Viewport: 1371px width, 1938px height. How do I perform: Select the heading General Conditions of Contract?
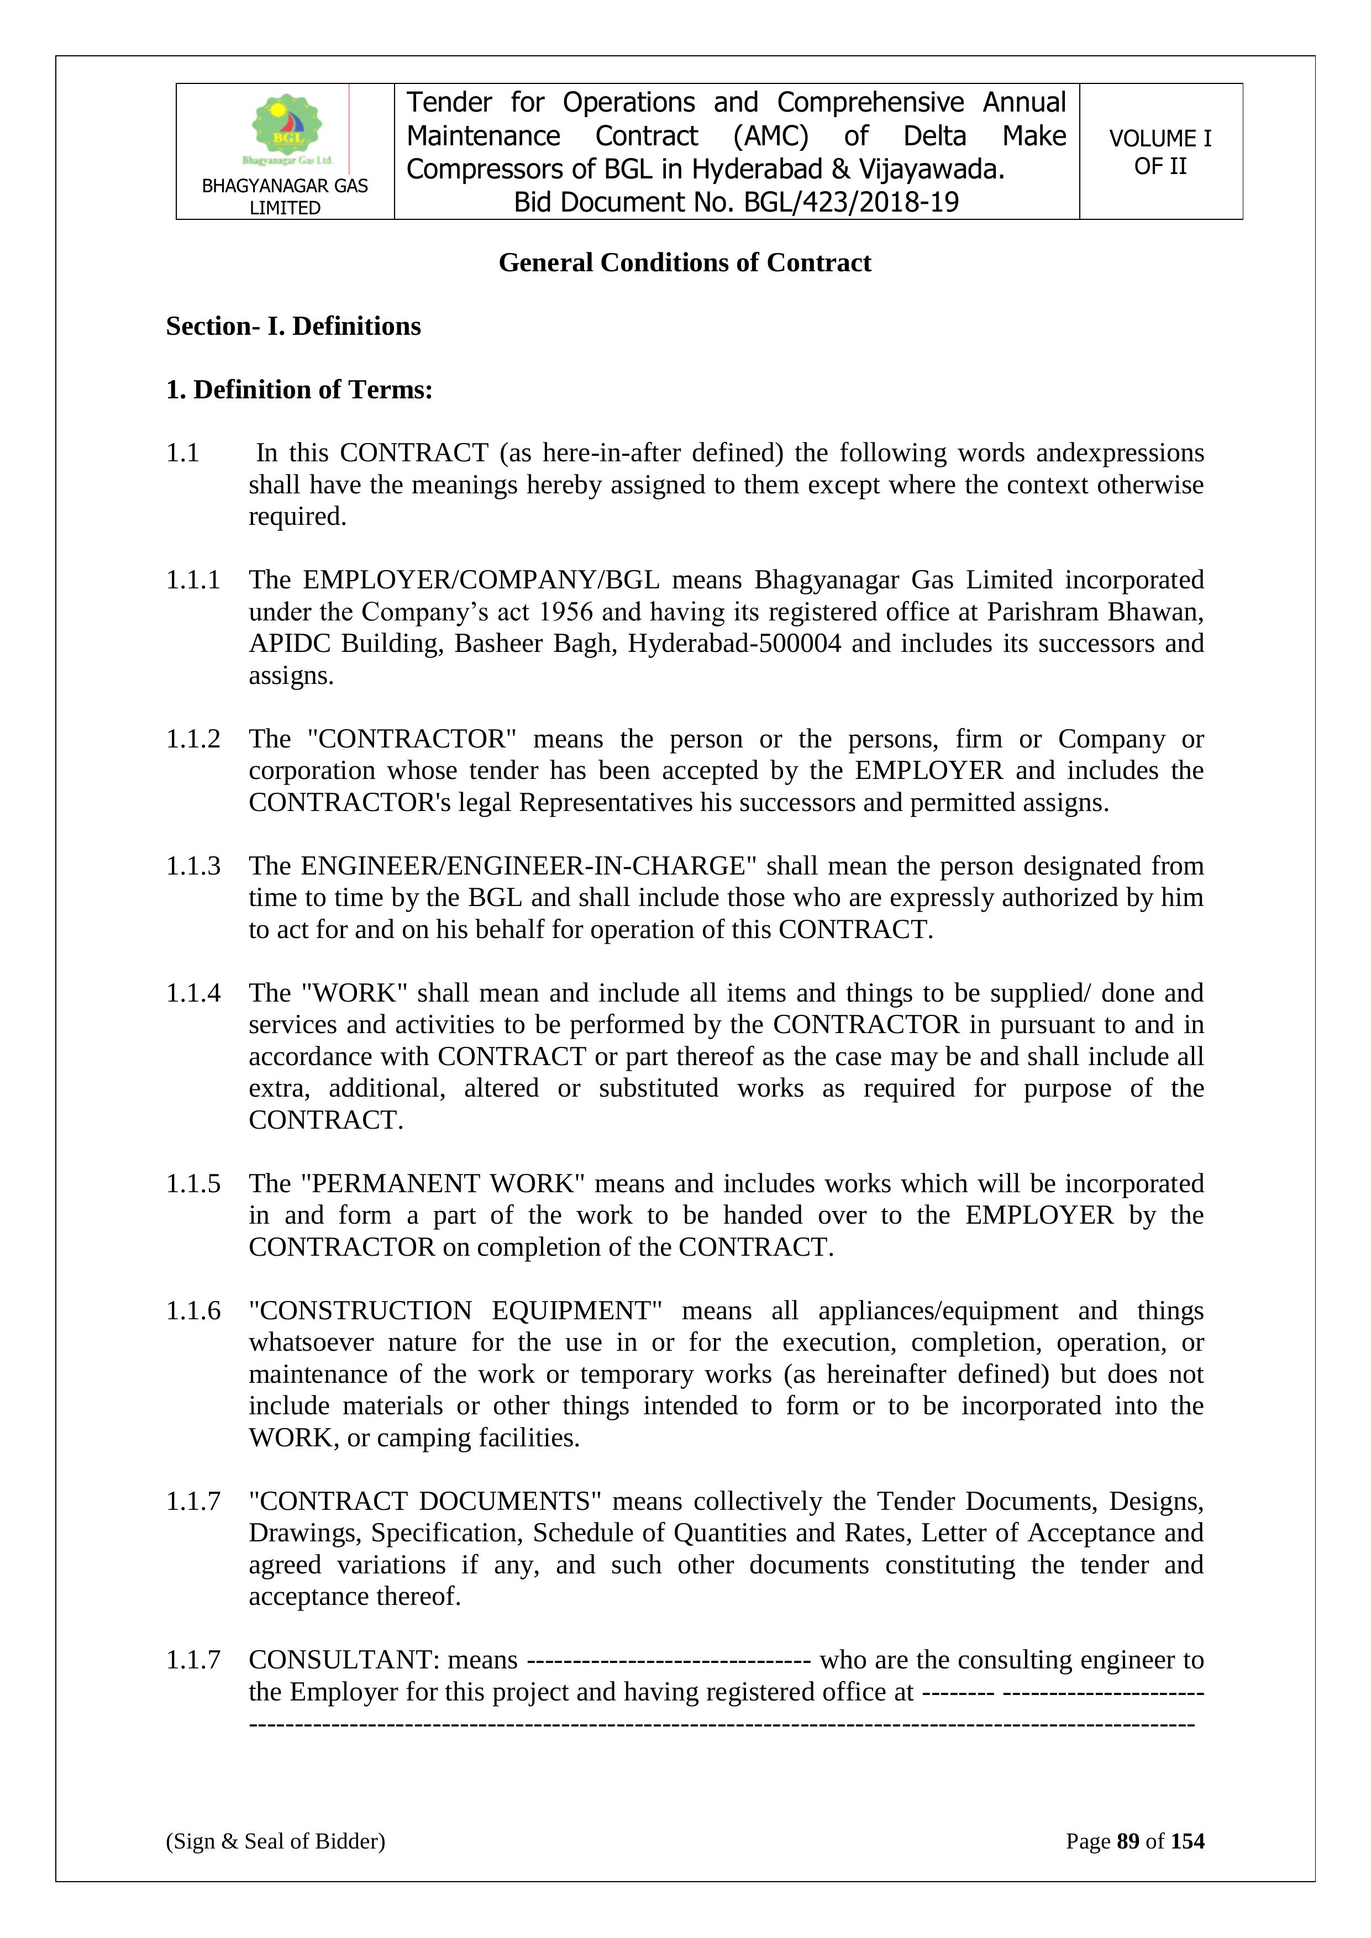click(685, 262)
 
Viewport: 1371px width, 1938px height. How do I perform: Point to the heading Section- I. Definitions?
click(293, 326)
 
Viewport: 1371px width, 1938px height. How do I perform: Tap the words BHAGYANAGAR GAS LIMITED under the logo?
click(285, 197)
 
